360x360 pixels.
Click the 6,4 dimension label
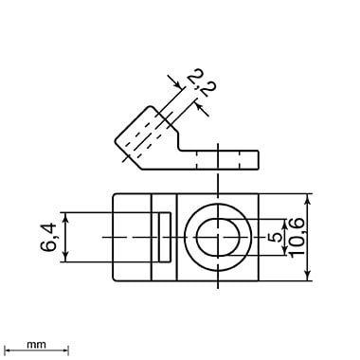(x=48, y=237)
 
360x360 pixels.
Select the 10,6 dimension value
(x=297, y=237)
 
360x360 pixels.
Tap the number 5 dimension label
(x=276, y=237)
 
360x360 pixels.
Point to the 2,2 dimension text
(x=201, y=84)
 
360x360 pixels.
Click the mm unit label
(x=36, y=344)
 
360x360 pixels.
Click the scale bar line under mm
(x=38, y=350)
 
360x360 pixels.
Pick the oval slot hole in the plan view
(x=218, y=237)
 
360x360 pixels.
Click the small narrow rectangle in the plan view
(x=164, y=237)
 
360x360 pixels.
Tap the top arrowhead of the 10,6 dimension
(x=309, y=198)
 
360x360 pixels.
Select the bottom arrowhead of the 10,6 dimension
(x=309, y=276)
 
